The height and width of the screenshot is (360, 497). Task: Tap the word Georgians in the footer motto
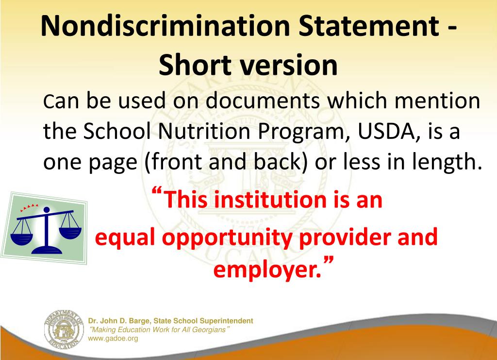point(210,330)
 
